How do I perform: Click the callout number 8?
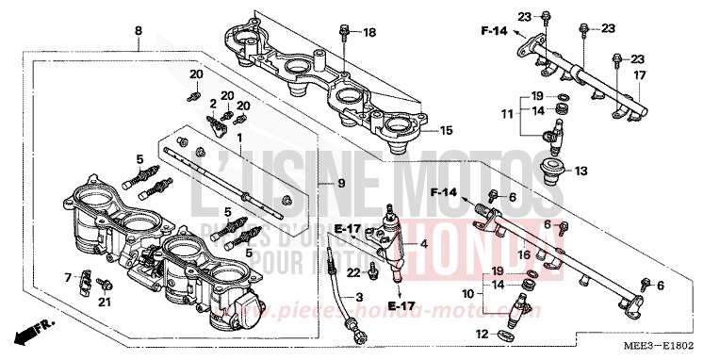click(139, 30)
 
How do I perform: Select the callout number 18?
click(369, 33)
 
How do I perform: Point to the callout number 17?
click(638, 75)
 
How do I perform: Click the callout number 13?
click(607, 171)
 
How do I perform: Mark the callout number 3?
click(358, 298)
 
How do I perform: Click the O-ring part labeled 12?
click(505, 335)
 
